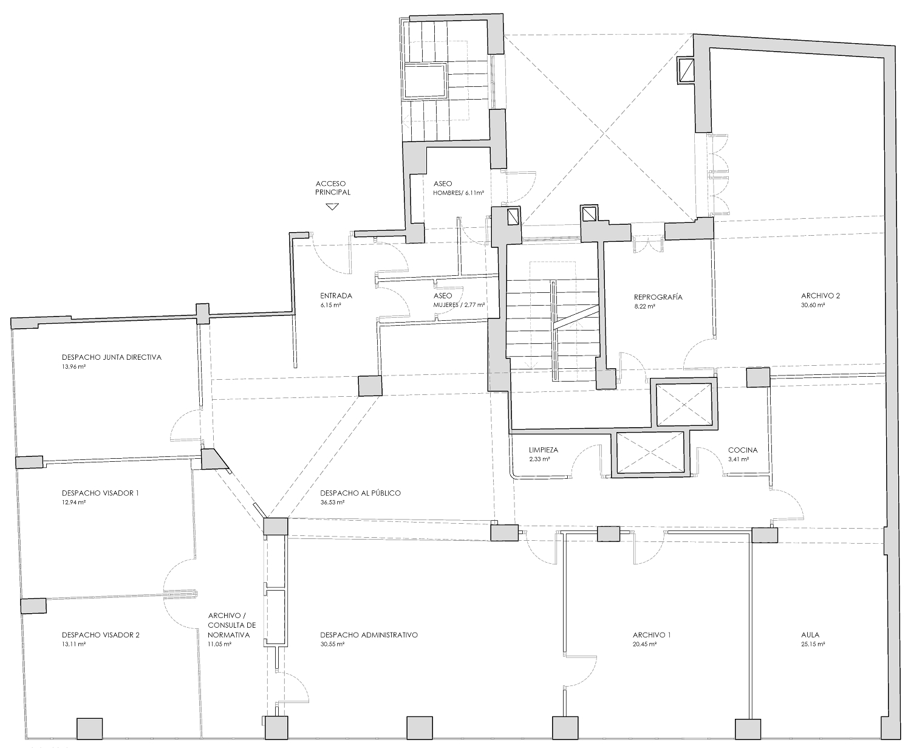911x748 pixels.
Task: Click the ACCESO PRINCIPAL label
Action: tap(333, 187)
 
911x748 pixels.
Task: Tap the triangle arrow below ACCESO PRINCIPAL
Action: tap(332, 207)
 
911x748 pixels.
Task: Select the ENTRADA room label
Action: tap(336, 296)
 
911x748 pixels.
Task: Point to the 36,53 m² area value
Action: tap(332, 503)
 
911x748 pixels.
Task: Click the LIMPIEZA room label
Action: tap(543, 450)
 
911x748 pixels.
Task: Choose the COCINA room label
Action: tap(743, 450)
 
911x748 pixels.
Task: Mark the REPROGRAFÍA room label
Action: tap(658, 297)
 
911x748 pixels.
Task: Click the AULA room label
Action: tap(810, 635)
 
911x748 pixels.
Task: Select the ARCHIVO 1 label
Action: tap(652, 635)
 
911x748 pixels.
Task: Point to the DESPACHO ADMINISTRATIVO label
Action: tap(369, 635)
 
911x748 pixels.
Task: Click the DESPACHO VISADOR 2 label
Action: tap(101, 635)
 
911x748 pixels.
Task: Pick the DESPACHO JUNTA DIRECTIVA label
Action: tap(112, 357)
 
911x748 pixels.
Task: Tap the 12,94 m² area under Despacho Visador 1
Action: tap(73, 503)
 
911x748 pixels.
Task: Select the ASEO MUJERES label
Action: tap(459, 300)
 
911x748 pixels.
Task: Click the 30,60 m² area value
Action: tap(813, 306)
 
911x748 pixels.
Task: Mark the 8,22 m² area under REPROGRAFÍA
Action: tap(644, 306)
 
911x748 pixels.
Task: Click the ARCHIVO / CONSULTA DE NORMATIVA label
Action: tap(231, 625)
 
